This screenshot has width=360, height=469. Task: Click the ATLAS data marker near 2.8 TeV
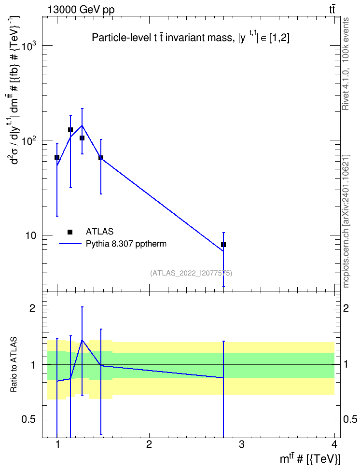coord(223,245)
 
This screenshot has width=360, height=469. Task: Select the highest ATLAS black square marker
coord(70,130)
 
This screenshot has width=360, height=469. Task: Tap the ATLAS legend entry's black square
coord(70,232)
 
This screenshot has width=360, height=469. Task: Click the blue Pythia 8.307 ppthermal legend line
coord(70,244)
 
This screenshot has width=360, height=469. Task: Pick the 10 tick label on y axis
coord(30,236)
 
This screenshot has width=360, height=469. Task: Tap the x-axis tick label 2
coord(149,444)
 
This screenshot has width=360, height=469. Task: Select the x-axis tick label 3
coord(241,444)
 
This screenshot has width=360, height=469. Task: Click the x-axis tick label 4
coord(334,444)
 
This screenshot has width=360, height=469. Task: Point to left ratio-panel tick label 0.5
coord(28,420)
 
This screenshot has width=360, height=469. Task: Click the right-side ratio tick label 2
coord(346,308)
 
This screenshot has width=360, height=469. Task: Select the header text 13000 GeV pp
coord(81,10)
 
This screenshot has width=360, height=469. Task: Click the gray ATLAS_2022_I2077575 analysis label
coord(191,273)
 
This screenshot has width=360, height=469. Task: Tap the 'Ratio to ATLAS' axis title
coord(14,364)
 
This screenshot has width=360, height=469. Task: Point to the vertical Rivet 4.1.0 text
coord(346,64)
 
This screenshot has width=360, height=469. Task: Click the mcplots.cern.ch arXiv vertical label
coord(346,221)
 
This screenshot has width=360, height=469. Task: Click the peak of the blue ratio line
coord(82,340)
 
